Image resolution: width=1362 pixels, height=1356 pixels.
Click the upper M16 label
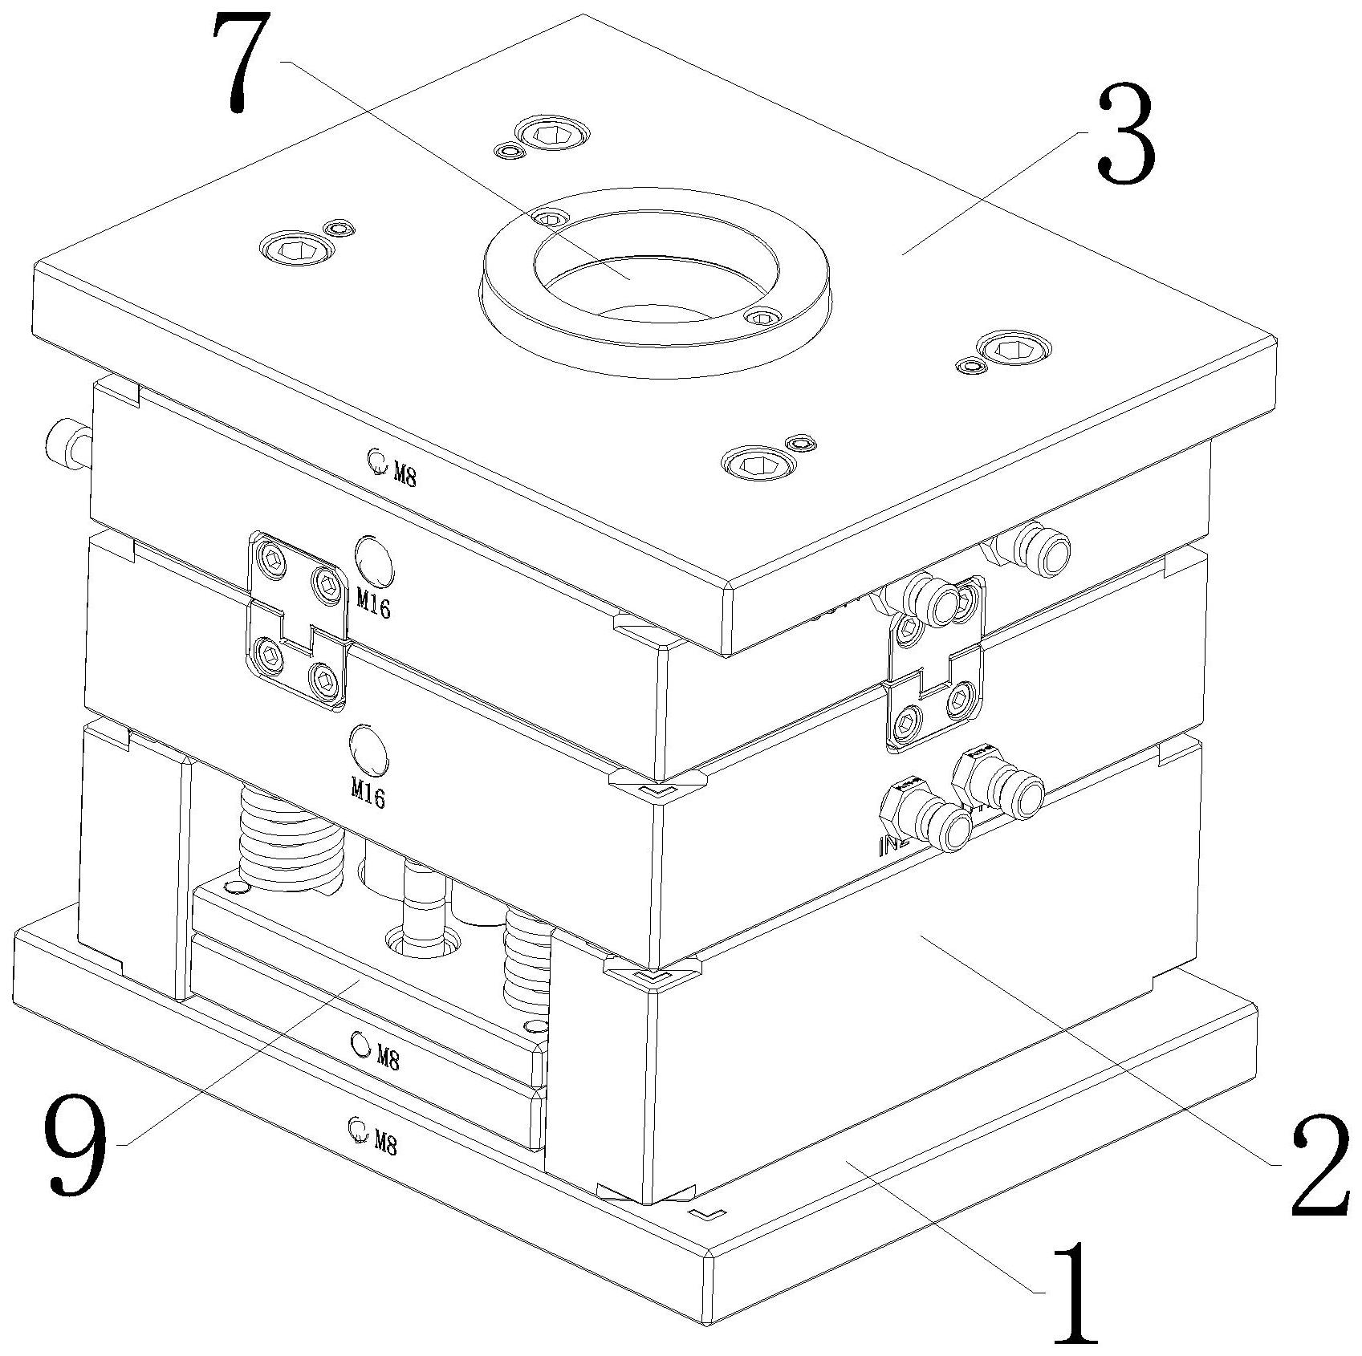(x=373, y=604)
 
